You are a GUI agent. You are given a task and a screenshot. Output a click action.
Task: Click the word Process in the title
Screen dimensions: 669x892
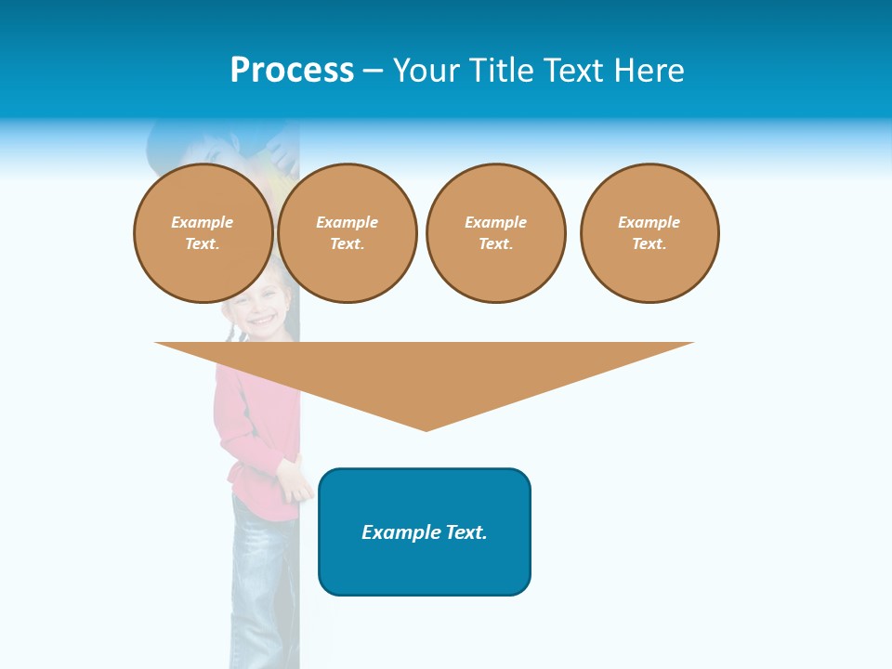[292, 71]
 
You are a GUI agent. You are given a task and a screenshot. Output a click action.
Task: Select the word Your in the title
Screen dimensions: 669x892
[427, 71]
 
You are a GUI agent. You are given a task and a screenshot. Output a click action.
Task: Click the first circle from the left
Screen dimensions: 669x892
[203, 233]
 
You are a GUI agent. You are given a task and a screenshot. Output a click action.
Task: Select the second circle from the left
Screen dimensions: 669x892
[347, 233]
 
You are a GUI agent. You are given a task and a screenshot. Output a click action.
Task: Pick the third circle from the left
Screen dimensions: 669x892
[495, 233]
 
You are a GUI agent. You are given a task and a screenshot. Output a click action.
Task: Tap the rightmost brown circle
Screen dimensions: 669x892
[649, 233]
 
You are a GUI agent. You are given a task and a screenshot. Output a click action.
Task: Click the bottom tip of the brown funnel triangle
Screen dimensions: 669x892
[426, 428]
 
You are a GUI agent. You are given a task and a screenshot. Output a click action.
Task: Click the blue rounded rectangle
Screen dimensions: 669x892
[425, 567]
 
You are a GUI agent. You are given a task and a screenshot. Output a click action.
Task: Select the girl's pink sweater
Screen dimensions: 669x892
[251, 427]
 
